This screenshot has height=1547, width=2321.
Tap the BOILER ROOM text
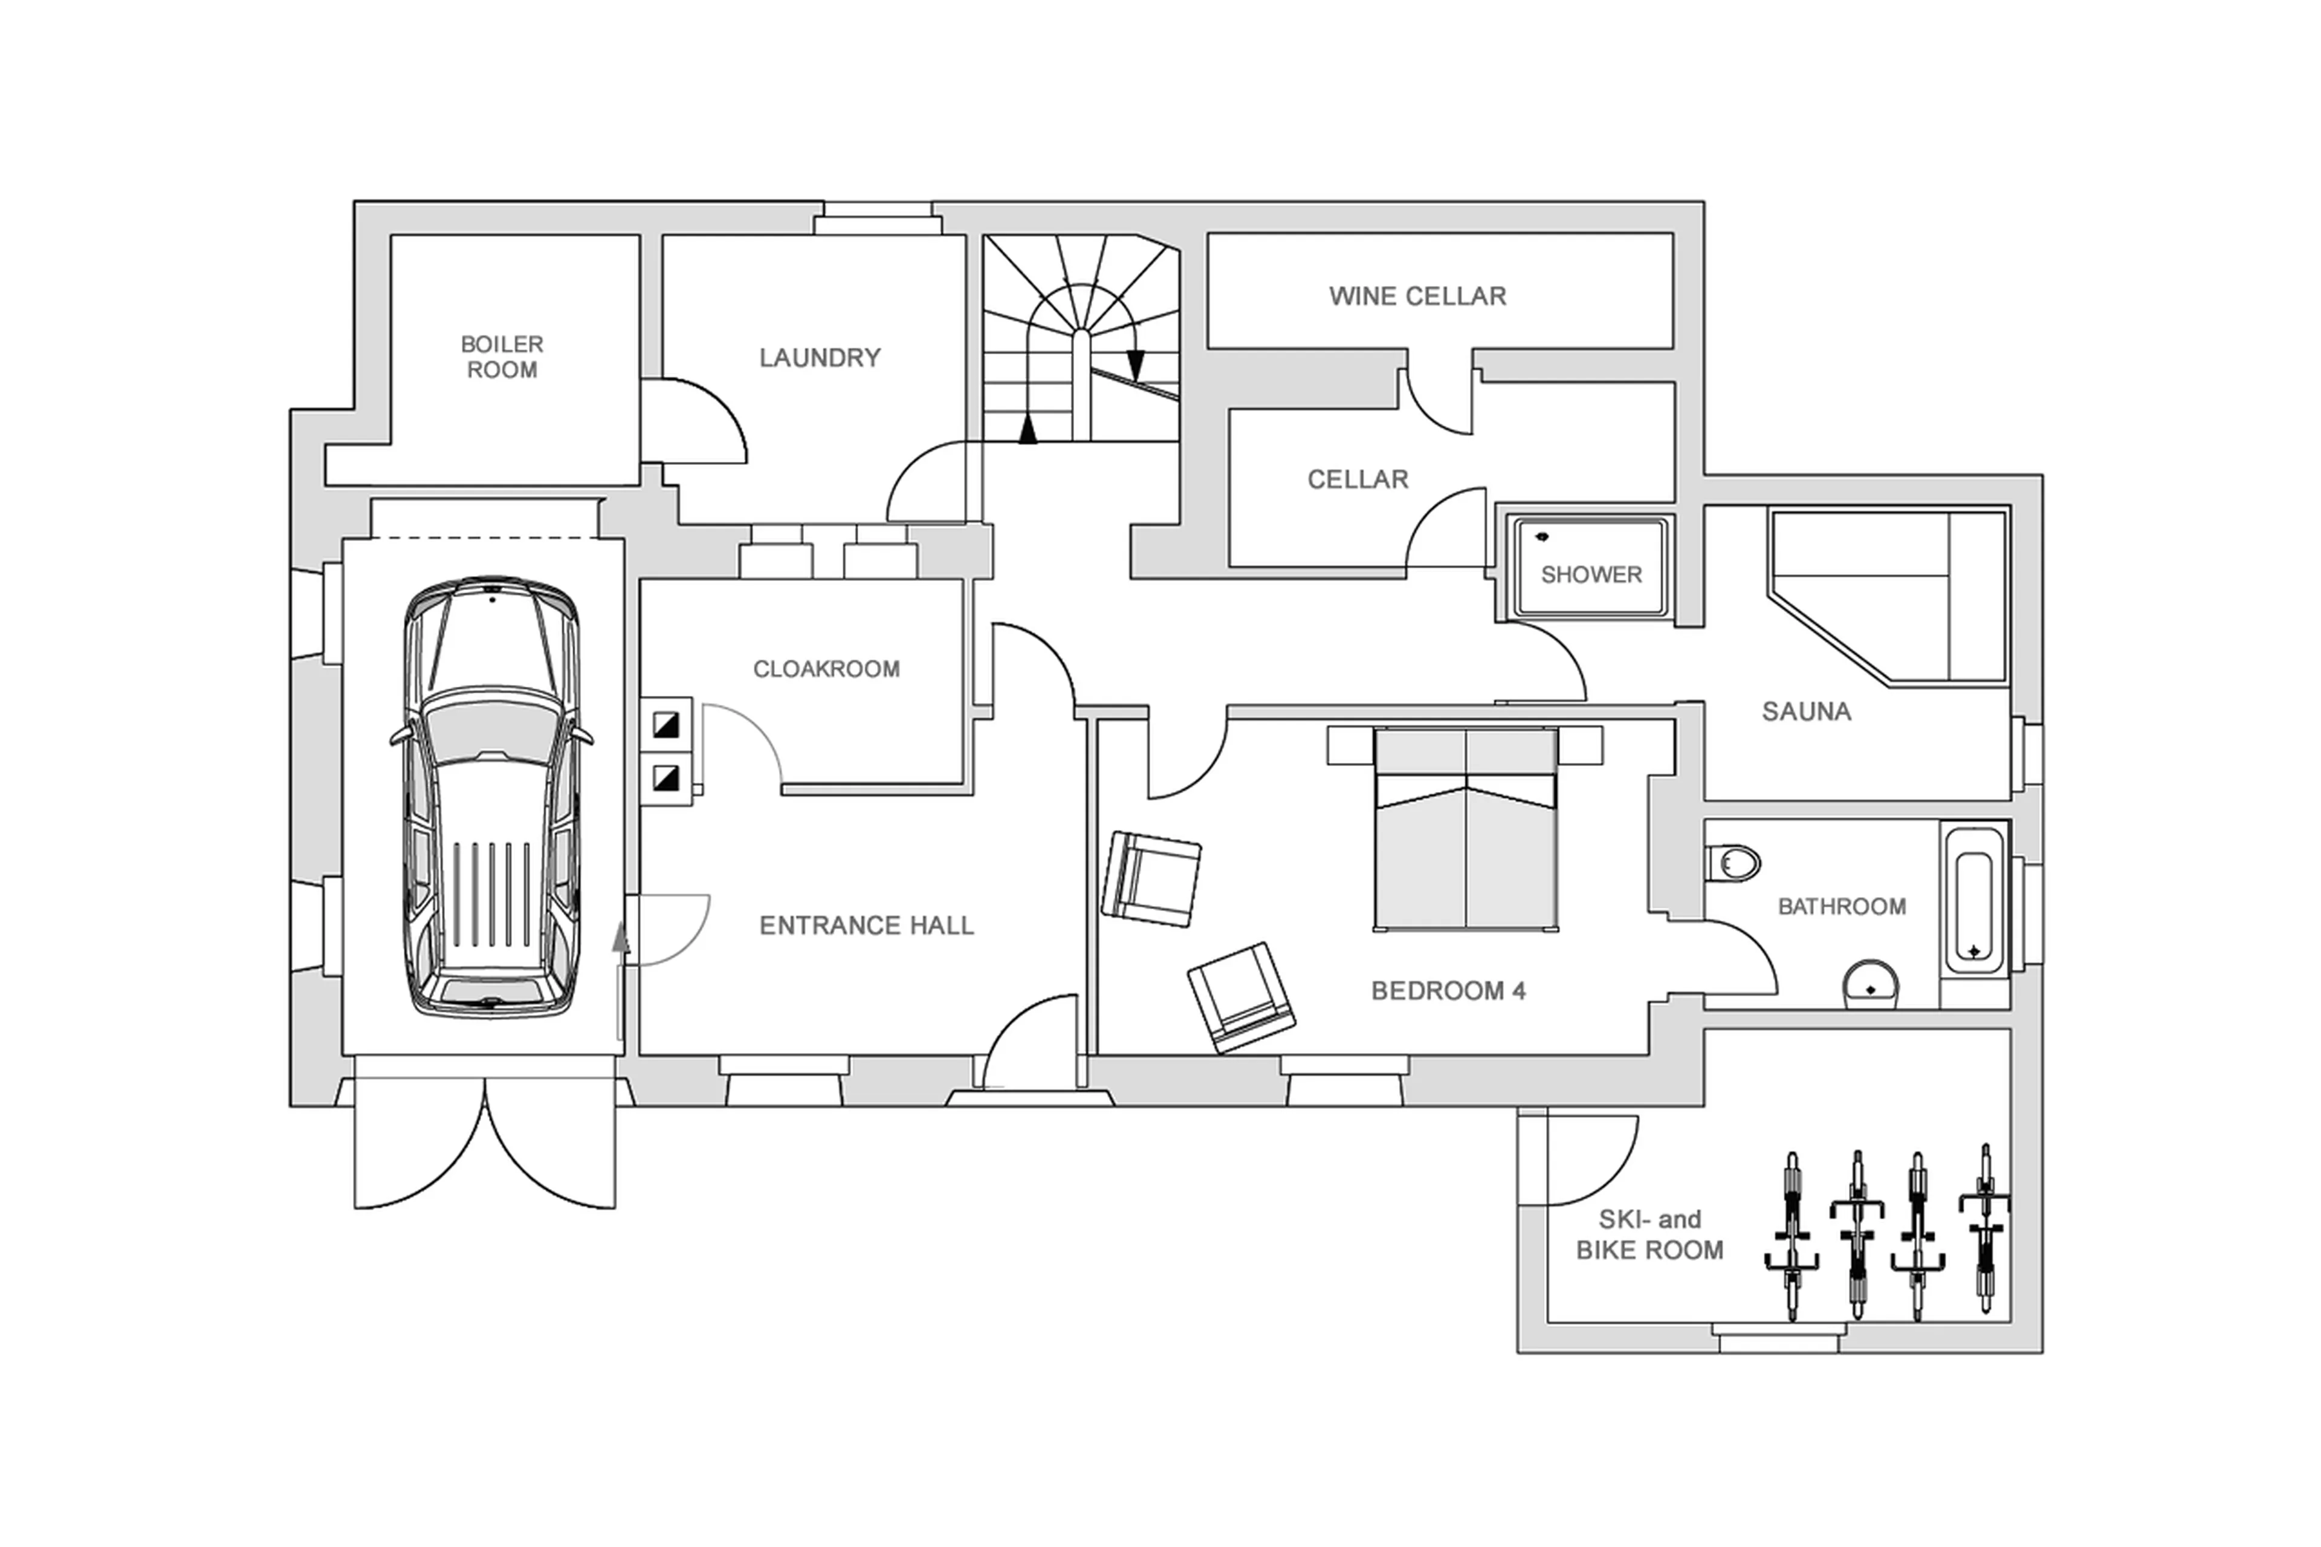[502, 357]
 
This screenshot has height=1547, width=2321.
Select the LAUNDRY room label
[819, 357]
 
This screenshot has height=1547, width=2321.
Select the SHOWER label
[1590, 574]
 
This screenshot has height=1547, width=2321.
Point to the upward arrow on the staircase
[1028, 429]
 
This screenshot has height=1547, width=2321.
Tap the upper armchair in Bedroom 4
[1150, 878]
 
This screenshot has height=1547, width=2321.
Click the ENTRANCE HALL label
[866, 926]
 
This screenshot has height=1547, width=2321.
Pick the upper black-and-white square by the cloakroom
[666, 725]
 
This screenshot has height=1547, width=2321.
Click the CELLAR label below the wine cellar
[1358, 479]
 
